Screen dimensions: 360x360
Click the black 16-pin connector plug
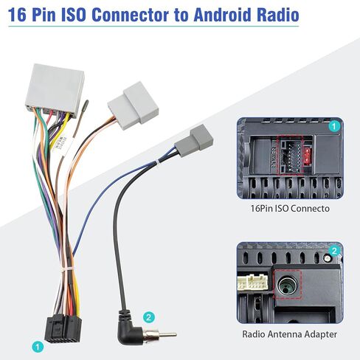pyautogui.click(x=63, y=328)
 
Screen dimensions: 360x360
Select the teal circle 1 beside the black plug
pyautogui.click(x=38, y=347)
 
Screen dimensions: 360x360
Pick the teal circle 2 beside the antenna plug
pyautogui.click(x=148, y=317)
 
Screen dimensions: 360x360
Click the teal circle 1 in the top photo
pyautogui.click(x=333, y=126)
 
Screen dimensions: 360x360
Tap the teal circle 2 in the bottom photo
pyautogui.click(x=334, y=251)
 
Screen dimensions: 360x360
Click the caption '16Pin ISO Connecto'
pyautogui.click(x=290, y=209)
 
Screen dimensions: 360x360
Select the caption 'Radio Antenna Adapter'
pyautogui.click(x=289, y=334)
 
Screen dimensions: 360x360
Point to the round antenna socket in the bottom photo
pyautogui.click(x=287, y=285)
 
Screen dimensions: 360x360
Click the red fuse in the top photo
pyautogui.click(x=306, y=156)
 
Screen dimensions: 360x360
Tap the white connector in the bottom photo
pyautogui.click(x=252, y=283)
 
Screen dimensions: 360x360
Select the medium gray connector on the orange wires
pyautogui.click(x=134, y=105)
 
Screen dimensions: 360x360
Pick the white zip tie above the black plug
pyautogui.click(x=69, y=271)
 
